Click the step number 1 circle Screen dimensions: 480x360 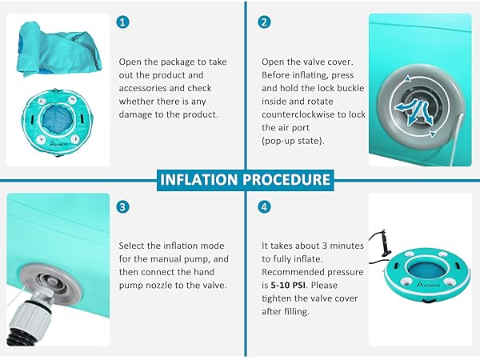pos(122,22)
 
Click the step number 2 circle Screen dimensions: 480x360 pos(264,22)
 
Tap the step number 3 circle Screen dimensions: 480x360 pos(122,207)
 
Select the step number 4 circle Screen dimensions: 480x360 pos(264,207)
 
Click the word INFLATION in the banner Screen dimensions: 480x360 pos(198,180)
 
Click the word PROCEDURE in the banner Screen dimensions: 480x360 pos(286,180)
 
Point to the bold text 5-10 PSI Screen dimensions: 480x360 pos(288,286)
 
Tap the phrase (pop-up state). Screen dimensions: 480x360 pos(293,141)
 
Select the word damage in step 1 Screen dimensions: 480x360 pos(135,114)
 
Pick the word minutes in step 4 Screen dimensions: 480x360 pos(346,246)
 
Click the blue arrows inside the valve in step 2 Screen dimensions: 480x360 pos(414,111)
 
